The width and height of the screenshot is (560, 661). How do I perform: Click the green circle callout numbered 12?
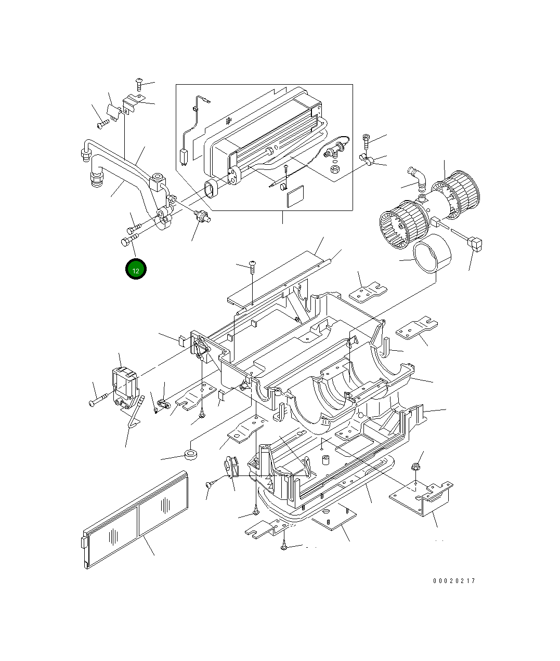136,269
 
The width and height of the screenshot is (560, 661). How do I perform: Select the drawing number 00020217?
454,581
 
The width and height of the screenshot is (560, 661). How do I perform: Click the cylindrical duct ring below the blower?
432,253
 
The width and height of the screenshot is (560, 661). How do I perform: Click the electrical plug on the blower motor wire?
475,243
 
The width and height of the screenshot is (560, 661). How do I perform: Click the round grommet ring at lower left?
191,456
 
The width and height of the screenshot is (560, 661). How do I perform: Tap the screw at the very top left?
139,83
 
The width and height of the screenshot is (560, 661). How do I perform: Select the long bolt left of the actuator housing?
98,401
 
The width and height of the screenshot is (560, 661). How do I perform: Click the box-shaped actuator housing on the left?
125,385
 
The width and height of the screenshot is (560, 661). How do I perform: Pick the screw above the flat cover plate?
252,266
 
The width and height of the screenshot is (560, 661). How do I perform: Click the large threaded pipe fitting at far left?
95,178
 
